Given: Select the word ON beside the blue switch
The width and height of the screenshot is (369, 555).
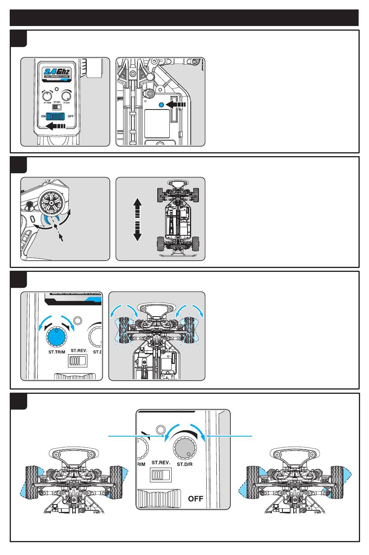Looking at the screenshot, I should point(43,116).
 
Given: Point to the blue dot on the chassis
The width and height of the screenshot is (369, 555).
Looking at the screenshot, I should point(162,104).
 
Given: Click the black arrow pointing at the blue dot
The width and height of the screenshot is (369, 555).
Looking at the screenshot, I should point(177,104).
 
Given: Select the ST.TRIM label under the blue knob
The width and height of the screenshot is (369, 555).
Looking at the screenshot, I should point(57,352).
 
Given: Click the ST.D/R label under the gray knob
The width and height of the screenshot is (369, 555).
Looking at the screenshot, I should point(185,464).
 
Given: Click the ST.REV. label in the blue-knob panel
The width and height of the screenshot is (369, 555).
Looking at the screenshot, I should point(79,350).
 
